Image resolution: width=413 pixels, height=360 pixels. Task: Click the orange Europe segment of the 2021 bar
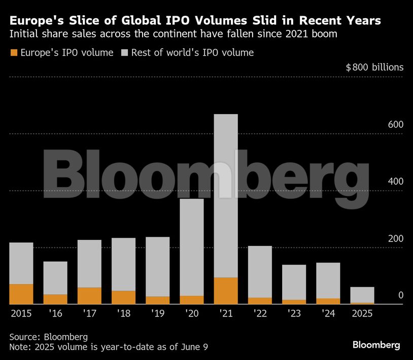click(x=226, y=291)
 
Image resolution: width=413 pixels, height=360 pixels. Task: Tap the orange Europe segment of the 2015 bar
click(x=21, y=294)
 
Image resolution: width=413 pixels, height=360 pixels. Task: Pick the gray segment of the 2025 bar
click(x=362, y=295)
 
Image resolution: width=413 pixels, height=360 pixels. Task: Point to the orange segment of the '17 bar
click(x=89, y=296)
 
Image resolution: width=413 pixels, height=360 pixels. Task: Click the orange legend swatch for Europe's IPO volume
click(x=14, y=53)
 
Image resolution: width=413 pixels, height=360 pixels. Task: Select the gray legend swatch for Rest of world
click(x=125, y=53)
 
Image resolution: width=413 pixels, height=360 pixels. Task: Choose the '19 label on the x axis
click(x=158, y=314)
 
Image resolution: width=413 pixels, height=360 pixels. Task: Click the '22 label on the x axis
click(x=260, y=314)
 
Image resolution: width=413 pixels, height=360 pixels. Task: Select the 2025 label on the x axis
click(x=362, y=314)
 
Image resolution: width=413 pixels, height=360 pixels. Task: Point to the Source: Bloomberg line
click(x=48, y=337)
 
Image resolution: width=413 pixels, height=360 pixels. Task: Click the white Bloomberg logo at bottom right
click(x=376, y=345)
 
